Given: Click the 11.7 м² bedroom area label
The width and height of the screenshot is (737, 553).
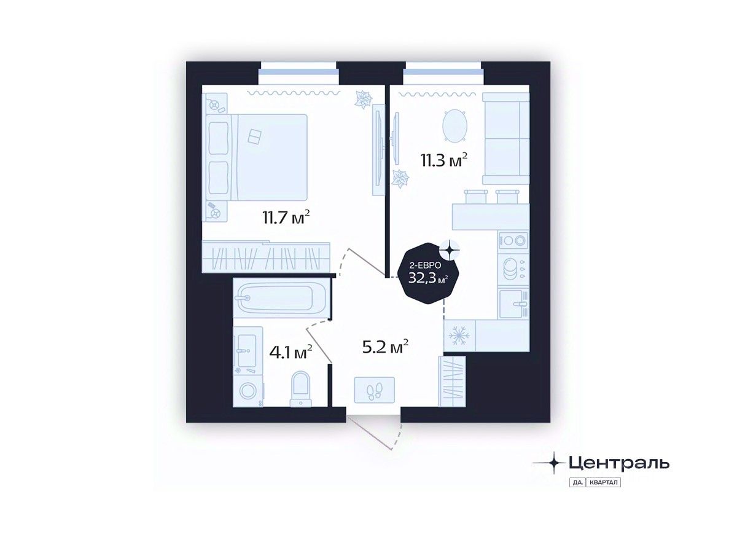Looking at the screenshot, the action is tap(284, 218).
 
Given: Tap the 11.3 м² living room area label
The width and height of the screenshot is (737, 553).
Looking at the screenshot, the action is tap(444, 162).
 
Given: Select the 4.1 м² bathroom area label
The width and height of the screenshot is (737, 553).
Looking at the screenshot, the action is tap(291, 353).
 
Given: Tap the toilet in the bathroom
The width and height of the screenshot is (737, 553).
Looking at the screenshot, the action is tap(300, 387).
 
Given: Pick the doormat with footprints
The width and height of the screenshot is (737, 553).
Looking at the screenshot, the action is tap(374, 390).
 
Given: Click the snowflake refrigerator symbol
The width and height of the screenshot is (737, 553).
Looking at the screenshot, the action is tap(458, 335).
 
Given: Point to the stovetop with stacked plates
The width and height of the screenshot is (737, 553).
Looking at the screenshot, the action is tap(512, 269).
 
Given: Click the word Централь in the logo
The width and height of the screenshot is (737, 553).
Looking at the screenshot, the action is tap(618, 462).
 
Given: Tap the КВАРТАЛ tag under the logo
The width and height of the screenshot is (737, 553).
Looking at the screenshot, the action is tap(604, 482).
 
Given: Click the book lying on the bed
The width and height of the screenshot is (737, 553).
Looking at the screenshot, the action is tap(254, 136).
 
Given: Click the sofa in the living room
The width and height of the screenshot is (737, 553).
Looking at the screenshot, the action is tap(505, 139).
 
